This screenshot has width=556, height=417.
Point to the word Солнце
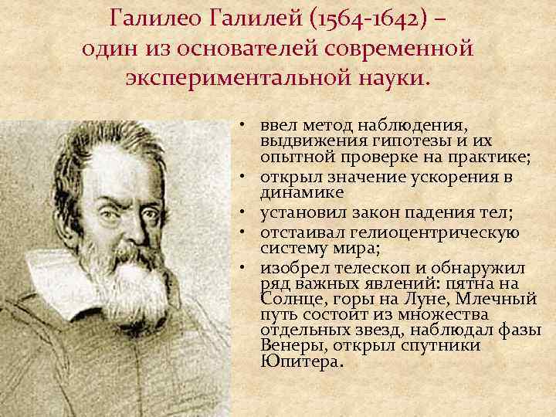point(289,297)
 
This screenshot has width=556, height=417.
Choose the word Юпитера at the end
point(301,361)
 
